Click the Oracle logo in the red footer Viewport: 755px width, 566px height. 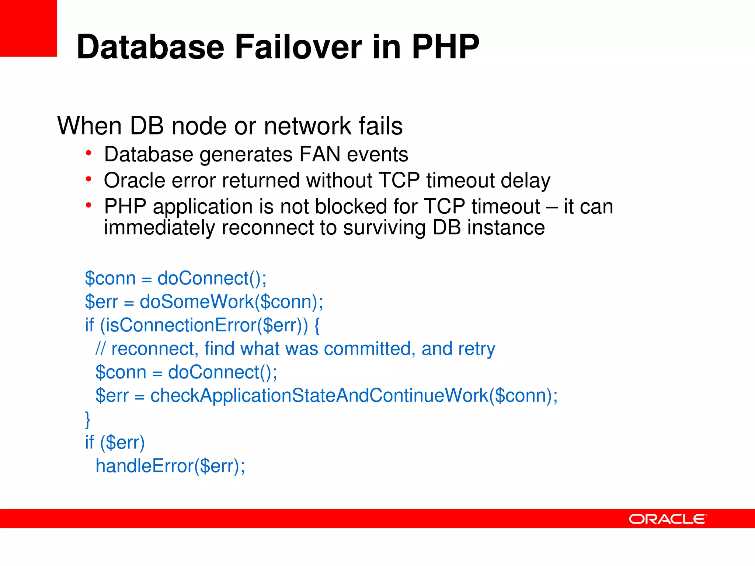[668, 519]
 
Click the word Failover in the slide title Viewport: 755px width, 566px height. [298, 47]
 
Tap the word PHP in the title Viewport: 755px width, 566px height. [445, 47]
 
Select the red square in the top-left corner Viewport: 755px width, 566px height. [28, 28]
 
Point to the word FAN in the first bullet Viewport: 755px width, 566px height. [320, 154]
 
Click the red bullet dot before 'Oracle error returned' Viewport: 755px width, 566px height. [88, 179]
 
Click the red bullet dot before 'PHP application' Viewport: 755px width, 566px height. [88, 205]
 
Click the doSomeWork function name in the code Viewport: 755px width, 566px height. [196, 301]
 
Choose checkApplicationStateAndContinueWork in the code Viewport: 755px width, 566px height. [319, 395]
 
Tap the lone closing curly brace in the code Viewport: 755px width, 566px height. [88, 419]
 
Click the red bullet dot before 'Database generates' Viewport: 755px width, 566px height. [88, 153]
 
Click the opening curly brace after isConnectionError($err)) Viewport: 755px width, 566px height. [317, 325]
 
